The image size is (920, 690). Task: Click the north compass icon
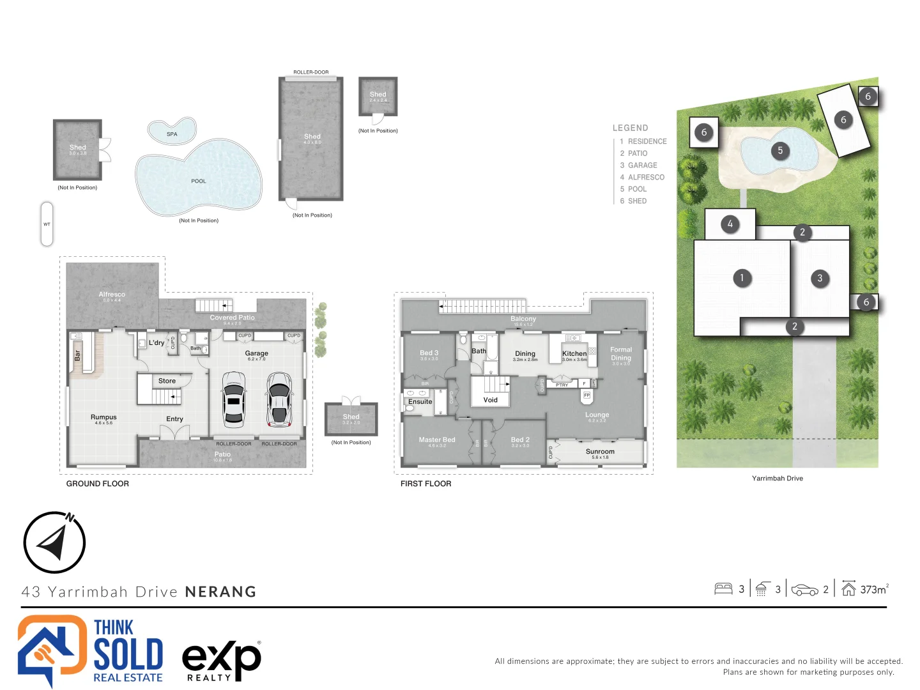click(x=54, y=542)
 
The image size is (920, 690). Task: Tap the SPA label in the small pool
click(x=172, y=134)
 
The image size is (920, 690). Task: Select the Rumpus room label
click(x=103, y=417)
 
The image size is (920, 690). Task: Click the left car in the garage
click(x=233, y=401)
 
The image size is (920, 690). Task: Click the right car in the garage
click(x=279, y=401)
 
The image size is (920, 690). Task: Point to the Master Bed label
click(x=437, y=440)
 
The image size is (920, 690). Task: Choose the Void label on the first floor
click(x=490, y=400)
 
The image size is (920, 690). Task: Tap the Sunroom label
click(x=600, y=452)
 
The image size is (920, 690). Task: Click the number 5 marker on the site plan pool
click(x=779, y=151)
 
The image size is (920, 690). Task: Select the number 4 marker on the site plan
click(x=730, y=224)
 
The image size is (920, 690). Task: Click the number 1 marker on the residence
click(x=742, y=278)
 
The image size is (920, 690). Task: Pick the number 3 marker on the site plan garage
click(x=820, y=278)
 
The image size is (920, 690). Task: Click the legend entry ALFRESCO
click(x=646, y=177)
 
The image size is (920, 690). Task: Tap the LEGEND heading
click(x=630, y=128)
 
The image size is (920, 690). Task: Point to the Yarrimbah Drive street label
click(x=777, y=479)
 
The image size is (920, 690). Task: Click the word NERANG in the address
click(x=220, y=592)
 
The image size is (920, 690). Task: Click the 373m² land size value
click(x=873, y=590)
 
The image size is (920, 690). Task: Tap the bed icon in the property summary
click(x=723, y=589)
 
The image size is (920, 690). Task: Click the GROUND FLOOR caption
click(x=97, y=484)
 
